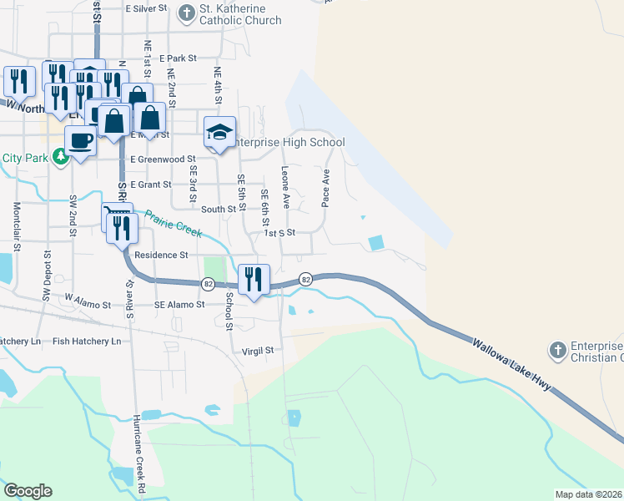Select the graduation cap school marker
[x=220, y=132]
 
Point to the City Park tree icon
[x=60, y=155]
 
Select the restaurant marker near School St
[x=253, y=278]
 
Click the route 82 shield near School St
[x=208, y=284]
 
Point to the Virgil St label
[x=258, y=351]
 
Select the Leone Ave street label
[x=285, y=187]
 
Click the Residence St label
[x=161, y=255]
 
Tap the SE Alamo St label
[x=179, y=305]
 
